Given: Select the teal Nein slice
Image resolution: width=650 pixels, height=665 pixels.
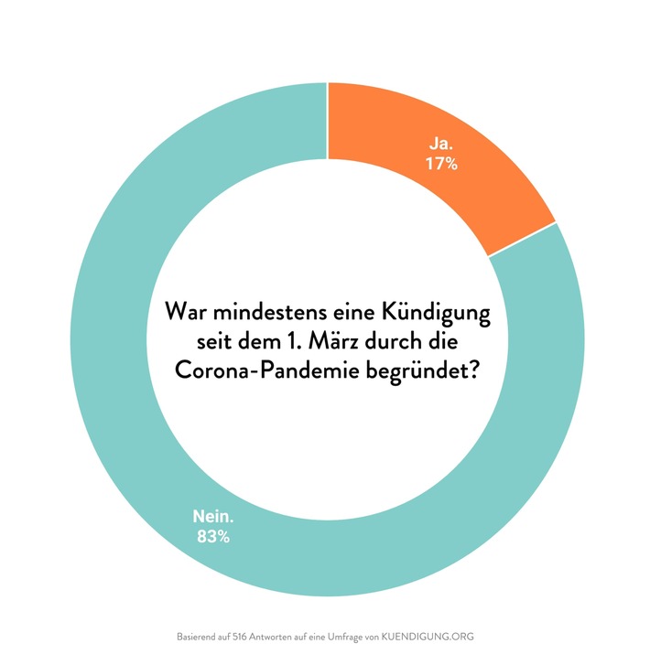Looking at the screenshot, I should (x=137, y=412).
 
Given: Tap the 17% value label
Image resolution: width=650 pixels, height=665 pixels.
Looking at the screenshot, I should (x=442, y=166).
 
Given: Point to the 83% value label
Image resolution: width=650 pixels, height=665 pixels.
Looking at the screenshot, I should (x=213, y=537).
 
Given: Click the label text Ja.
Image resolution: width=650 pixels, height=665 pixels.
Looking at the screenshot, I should (x=442, y=145).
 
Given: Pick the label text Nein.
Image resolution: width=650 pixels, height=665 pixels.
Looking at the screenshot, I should (x=213, y=517).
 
